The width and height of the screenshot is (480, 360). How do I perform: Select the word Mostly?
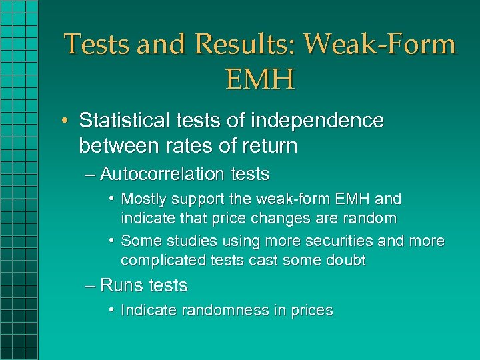coord(144,199)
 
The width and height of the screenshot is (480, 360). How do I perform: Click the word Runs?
coord(122,285)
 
